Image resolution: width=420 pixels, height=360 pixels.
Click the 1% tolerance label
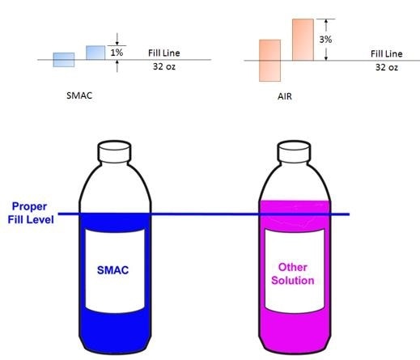tap(117, 53)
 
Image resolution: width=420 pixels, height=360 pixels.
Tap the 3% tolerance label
tap(325, 40)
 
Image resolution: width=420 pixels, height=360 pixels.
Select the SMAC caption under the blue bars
tap(79, 95)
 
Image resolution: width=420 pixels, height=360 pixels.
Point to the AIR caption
tap(285, 96)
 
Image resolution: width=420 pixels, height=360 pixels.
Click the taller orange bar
tap(303, 40)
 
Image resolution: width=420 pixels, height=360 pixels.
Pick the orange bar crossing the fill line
tap(269, 61)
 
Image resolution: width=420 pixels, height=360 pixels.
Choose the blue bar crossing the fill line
tap(64, 60)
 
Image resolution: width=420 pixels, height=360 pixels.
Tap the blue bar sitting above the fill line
tap(95, 53)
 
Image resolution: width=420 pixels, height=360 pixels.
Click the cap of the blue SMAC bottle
tap(114, 151)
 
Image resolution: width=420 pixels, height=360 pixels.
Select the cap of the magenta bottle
tap(294, 151)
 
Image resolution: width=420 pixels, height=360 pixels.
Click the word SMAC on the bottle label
tap(112, 270)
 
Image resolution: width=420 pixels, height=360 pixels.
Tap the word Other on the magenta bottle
tap(293, 267)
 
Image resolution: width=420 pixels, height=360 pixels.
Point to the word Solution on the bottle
tap(293, 281)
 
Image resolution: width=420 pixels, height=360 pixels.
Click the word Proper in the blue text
tap(29, 206)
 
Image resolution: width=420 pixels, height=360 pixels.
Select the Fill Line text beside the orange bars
tap(386, 53)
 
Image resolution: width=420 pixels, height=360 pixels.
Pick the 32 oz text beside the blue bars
tap(164, 66)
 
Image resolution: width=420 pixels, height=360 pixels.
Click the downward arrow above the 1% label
tap(117, 39)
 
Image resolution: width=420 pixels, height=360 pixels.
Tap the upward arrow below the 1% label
tap(117, 66)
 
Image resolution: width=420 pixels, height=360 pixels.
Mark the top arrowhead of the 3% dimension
tap(326, 22)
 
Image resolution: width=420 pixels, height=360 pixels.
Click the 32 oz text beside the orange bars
tap(387, 67)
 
